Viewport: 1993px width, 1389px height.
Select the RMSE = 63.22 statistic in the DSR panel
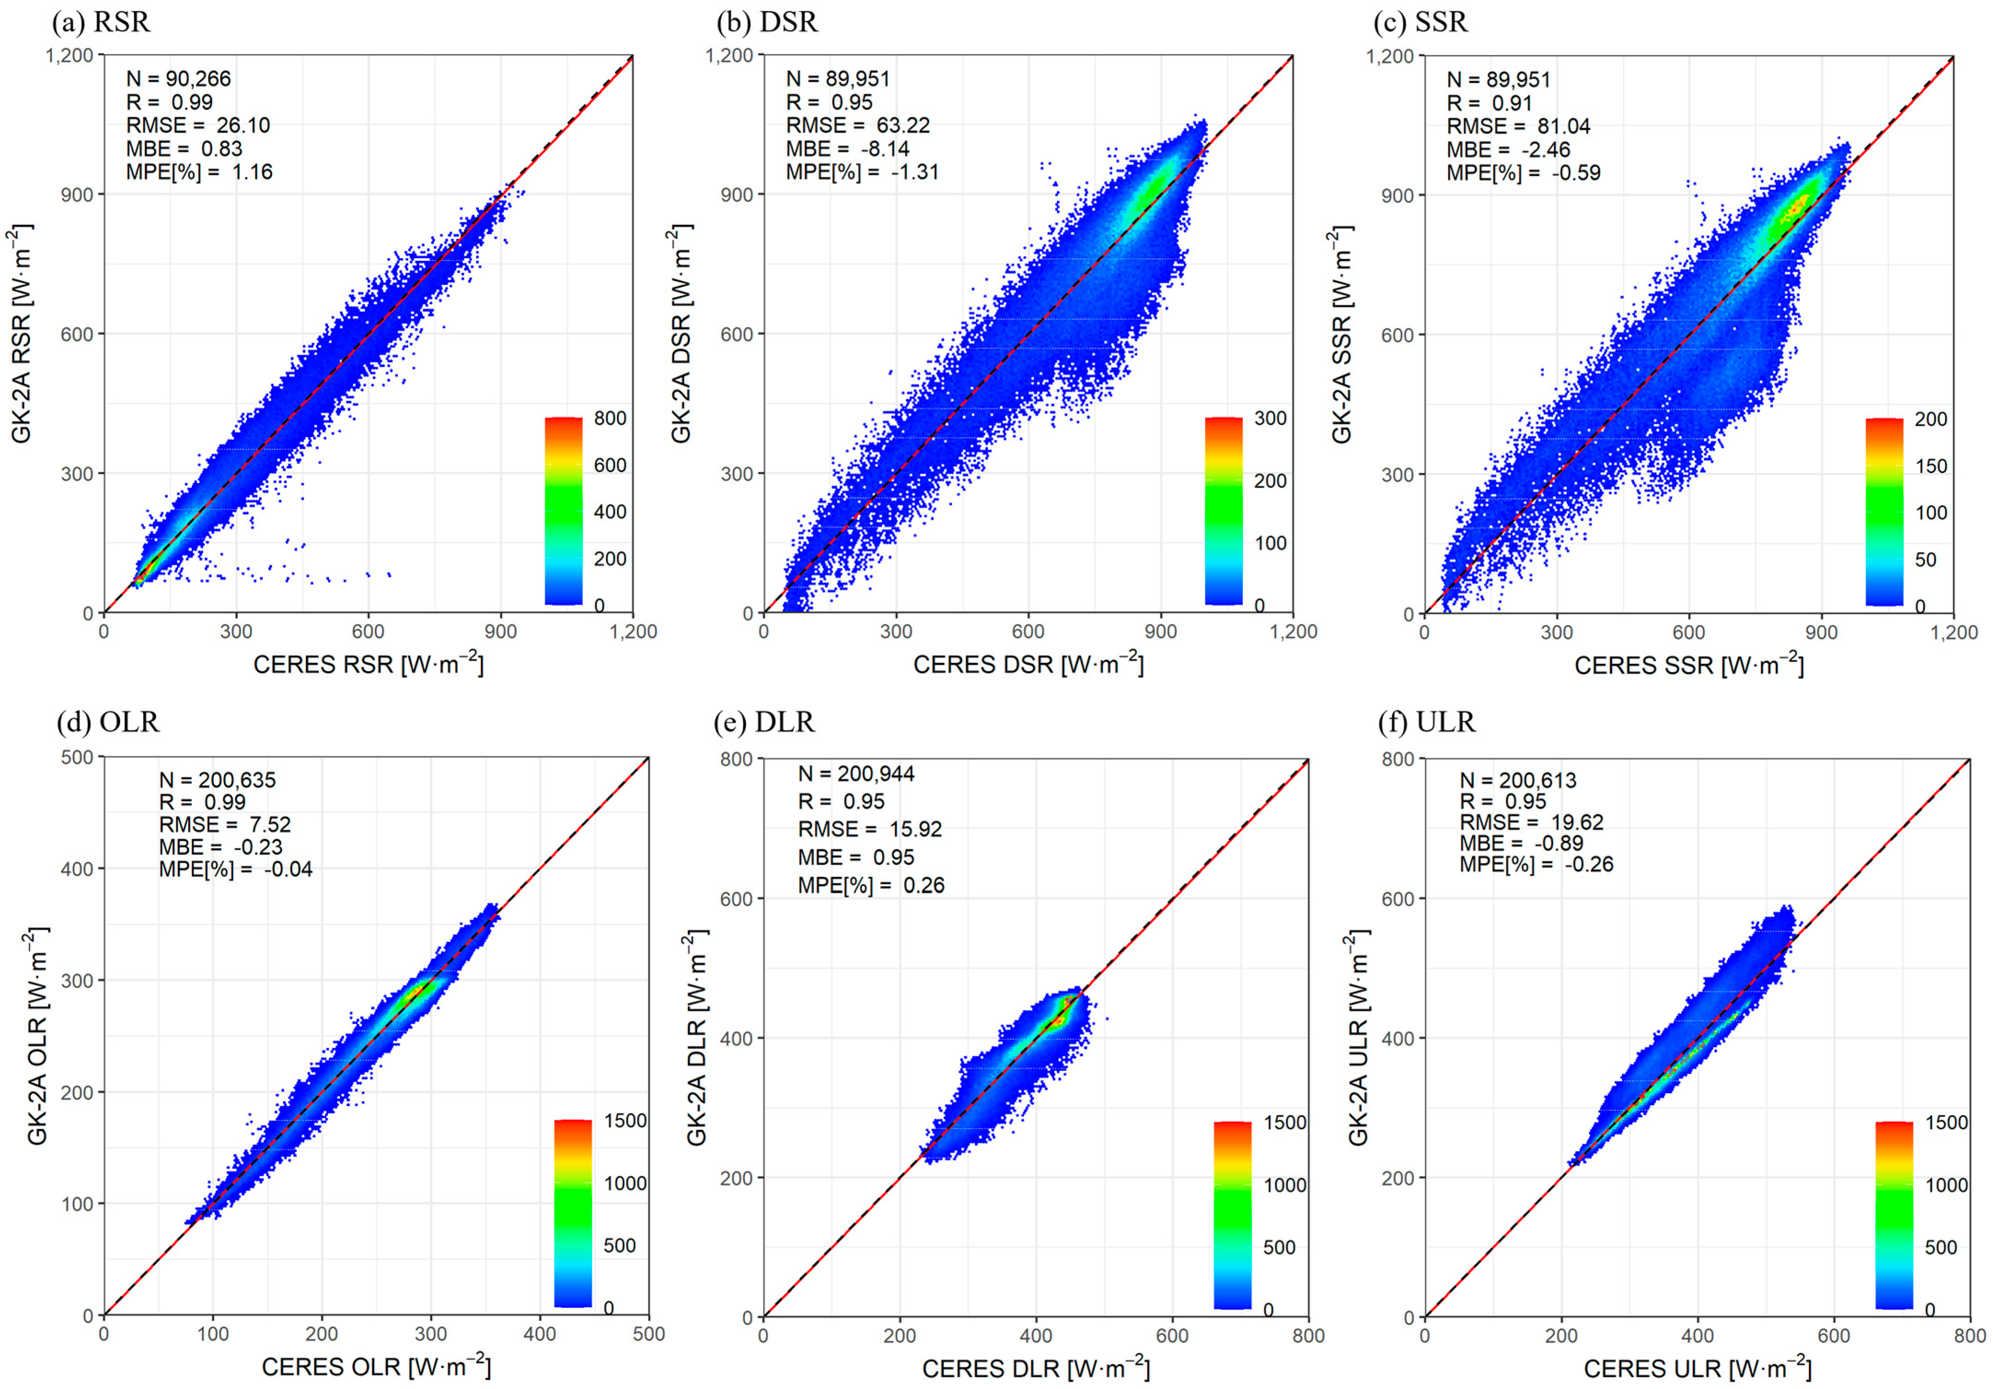tap(858, 126)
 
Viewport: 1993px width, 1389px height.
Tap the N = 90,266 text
tap(179, 79)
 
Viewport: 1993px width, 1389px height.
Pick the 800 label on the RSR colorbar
tap(610, 418)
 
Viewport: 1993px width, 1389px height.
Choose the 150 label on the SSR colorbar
tap(1931, 466)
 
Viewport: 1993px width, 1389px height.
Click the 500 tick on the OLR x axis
tap(648, 1334)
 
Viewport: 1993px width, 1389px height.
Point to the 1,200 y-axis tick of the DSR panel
tap(729, 56)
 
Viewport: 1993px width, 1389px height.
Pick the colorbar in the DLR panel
tap(1233, 1216)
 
